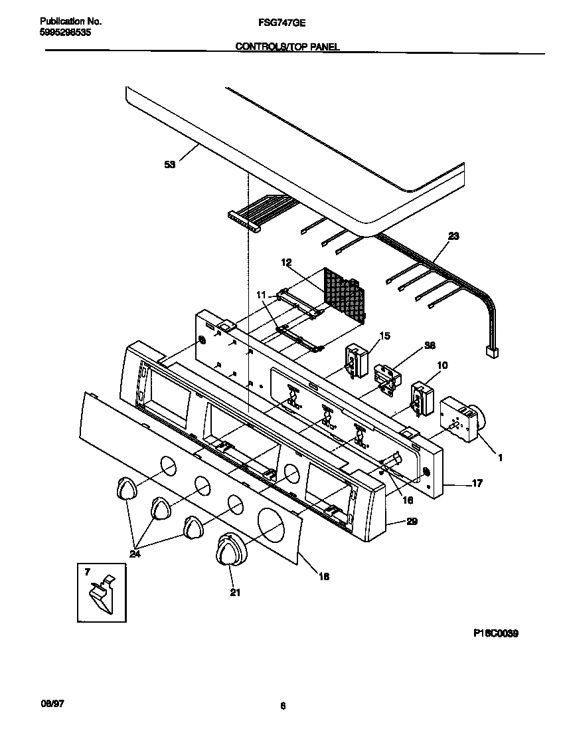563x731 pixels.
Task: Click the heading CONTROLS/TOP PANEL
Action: [x=287, y=47]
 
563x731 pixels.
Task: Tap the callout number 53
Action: [x=170, y=165]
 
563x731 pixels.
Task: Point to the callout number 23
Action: [x=453, y=236]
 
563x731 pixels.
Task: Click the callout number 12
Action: [x=286, y=262]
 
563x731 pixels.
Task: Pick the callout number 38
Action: [x=430, y=346]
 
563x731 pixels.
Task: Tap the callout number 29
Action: [x=412, y=522]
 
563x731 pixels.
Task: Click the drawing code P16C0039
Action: [x=495, y=634]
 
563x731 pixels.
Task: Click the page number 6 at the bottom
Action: [x=282, y=706]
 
